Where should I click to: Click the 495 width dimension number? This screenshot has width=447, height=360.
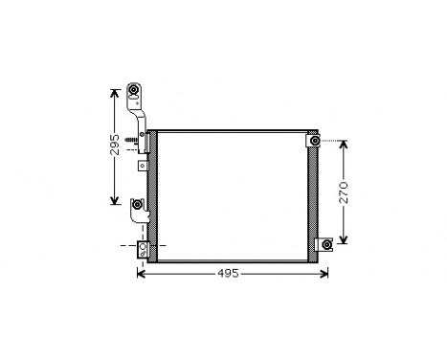(226, 274)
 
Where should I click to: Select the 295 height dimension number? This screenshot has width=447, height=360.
(114, 145)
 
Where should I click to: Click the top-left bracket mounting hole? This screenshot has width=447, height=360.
(134, 93)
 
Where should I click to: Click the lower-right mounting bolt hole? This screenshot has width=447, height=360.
(326, 245)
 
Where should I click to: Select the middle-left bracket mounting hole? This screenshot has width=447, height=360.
(138, 206)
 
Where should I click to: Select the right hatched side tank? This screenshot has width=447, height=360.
(314, 196)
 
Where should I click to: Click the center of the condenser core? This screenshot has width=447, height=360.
(234, 196)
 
